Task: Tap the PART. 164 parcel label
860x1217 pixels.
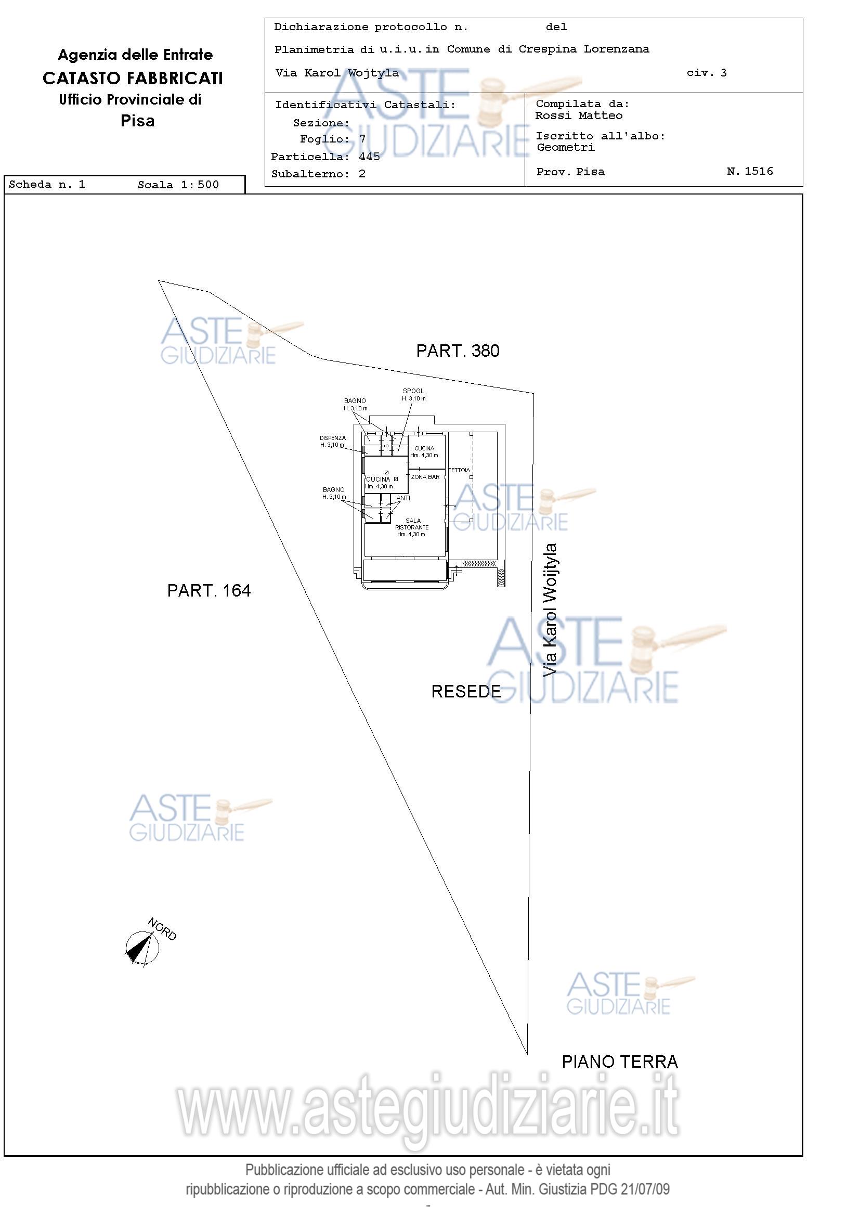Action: point(209,590)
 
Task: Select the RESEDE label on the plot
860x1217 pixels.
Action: point(466,691)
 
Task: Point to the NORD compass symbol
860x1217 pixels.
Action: point(142,947)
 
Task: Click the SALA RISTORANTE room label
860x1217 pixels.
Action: point(412,527)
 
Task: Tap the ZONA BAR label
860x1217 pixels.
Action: point(425,477)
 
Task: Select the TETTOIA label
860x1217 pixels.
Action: point(459,470)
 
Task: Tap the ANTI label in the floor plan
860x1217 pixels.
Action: point(403,498)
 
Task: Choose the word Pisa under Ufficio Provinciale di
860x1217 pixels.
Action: point(137,121)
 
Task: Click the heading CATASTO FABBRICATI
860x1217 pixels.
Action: point(133,79)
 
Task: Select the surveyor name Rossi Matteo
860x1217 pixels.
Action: point(579,115)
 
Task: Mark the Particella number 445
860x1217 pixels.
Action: point(369,157)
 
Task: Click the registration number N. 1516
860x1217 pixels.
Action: point(750,171)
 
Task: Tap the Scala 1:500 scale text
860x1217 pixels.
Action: point(178,185)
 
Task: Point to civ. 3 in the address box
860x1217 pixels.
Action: point(706,73)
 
